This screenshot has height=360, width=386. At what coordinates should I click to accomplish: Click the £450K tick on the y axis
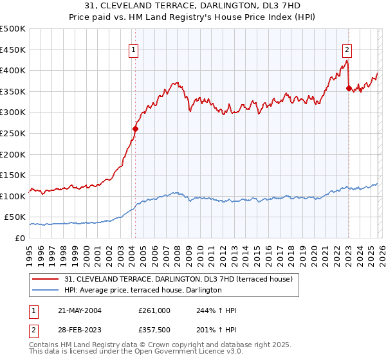[12, 50]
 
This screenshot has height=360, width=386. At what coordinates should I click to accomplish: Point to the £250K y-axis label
[12, 133]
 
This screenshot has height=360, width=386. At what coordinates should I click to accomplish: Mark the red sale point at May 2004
[136, 129]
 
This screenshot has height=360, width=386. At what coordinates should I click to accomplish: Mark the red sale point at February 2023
[349, 88]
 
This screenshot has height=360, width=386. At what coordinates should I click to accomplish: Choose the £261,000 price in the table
[154, 310]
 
